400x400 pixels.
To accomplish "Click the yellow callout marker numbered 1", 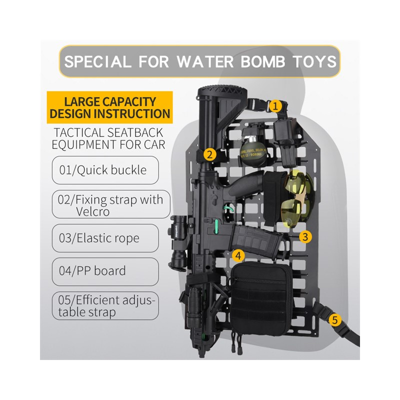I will coord(275,106).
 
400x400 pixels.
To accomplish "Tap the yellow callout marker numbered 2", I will coord(210,154).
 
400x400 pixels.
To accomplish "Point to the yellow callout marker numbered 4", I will coord(238,255).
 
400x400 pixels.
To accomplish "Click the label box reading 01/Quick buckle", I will coord(105,170).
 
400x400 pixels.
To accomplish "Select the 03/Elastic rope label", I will coord(105,237).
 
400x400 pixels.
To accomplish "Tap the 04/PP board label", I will coord(105,271).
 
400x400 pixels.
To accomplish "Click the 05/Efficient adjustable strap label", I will coord(105,306).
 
